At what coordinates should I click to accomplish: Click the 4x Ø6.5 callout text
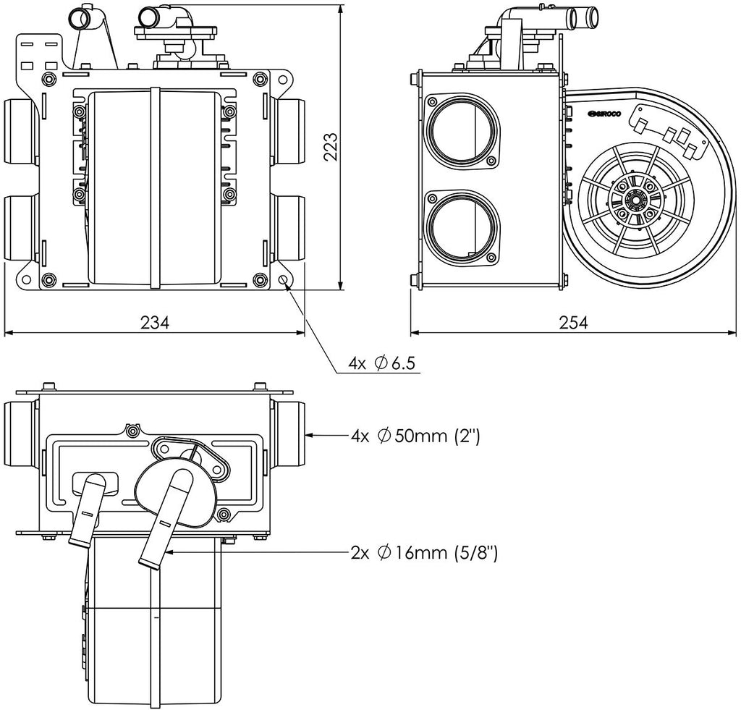pos(381,363)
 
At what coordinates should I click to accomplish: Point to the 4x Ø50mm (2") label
pos(415,435)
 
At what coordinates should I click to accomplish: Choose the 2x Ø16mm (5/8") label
pos(424,552)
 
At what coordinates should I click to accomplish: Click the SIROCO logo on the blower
pos(605,114)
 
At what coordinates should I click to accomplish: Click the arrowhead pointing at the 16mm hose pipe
pos(170,551)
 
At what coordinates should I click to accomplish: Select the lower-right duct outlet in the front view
pos(288,227)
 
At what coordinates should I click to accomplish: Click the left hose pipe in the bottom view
pos(90,510)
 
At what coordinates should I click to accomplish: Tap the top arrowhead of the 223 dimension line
pos(341,9)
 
